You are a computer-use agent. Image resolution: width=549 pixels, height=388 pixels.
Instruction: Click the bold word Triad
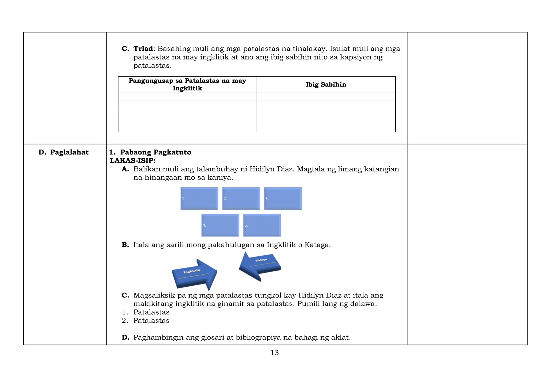tap(143, 49)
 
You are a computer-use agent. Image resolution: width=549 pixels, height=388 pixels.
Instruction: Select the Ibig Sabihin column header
tap(326, 85)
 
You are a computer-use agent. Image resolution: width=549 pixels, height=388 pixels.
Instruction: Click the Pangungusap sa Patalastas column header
tap(187, 84)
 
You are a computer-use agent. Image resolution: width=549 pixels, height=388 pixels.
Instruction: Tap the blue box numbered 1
tap(199, 199)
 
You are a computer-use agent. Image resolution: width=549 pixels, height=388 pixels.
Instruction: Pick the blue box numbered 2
tap(241, 199)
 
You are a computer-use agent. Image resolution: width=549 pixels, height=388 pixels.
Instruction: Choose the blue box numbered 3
tap(283, 199)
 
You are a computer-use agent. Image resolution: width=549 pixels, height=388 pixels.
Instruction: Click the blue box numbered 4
tap(220, 225)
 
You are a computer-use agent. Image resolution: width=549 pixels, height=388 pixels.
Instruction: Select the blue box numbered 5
tap(262, 225)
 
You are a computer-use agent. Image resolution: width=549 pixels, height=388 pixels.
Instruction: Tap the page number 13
tap(274, 353)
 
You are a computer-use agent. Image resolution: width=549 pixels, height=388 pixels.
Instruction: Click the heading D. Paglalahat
tap(64, 152)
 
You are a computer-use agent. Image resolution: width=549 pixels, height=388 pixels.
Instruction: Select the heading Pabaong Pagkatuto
tap(155, 152)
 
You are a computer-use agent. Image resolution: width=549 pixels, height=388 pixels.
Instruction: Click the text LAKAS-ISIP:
tap(133, 161)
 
